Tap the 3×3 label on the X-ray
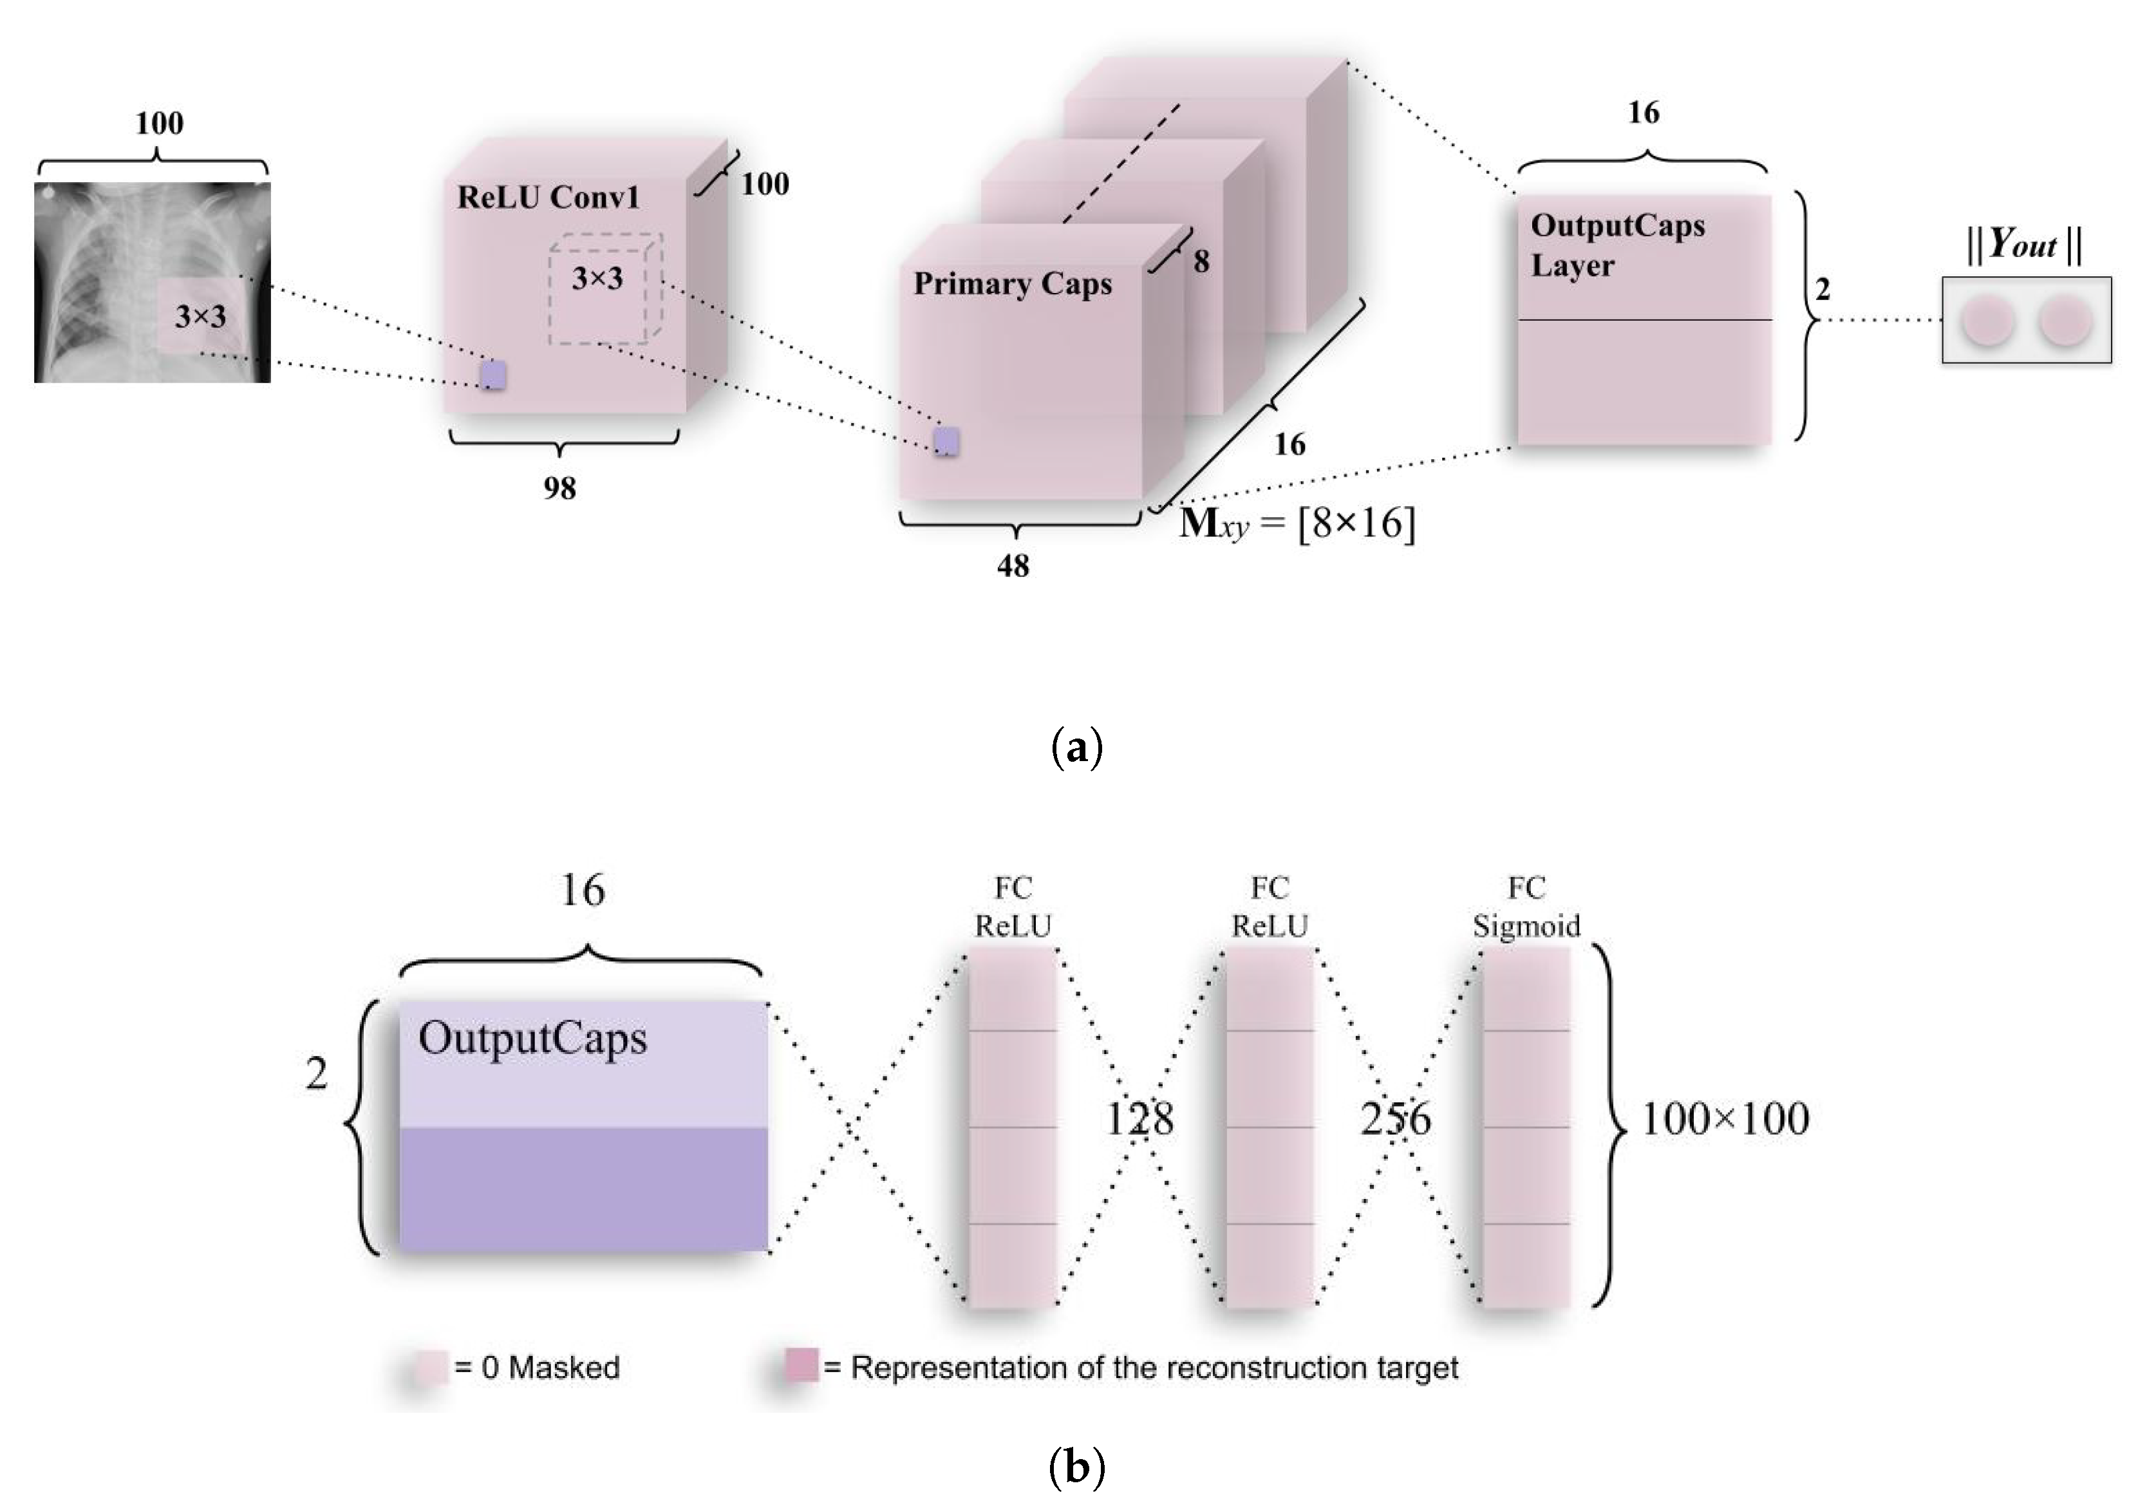[x=200, y=316]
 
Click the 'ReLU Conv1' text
[x=548, y=197]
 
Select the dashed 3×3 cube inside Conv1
[x=603, y=288]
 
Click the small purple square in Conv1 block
[x=492, y=375]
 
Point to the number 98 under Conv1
[x=559, y=487]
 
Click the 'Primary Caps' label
[x=1012, y=283]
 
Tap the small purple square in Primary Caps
[x=947, y=440]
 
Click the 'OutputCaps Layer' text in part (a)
[x=1617, y=245]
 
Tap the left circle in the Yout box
[x=1986, y=321]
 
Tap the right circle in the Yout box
[x=2064, y=321]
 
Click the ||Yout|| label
[x=2023, y=245]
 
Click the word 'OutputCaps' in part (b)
[x=532, y=1038]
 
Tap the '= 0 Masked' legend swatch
[x=431, y=1367]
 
